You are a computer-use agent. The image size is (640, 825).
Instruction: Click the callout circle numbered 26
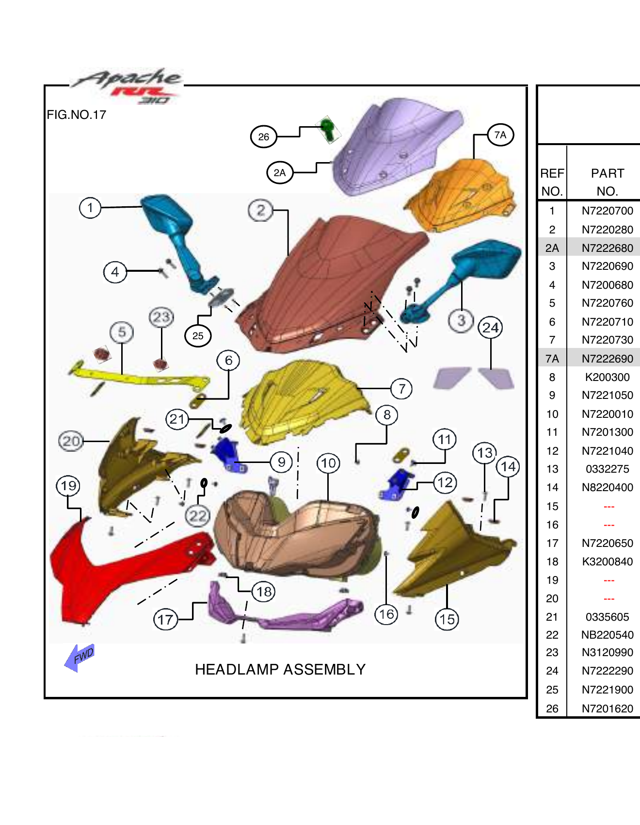point(263,137)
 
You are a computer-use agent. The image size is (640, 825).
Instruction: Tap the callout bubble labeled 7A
point(500,135)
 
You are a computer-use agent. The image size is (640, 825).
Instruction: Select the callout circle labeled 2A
point(280,173)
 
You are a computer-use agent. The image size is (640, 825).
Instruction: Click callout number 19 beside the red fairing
point(68,486)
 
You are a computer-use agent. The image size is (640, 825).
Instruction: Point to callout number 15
point(447,619)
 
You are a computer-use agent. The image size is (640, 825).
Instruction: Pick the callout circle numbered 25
point(198,336)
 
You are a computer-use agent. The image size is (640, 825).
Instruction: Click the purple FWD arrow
point(80,658)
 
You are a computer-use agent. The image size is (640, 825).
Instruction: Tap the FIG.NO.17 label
point(76,115)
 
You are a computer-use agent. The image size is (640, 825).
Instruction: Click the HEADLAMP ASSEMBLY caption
point(280,670)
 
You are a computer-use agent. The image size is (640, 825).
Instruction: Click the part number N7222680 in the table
point(607,248)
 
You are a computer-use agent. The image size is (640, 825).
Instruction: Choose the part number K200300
point(607,377)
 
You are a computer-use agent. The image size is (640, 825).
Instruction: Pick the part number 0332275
point(607,469)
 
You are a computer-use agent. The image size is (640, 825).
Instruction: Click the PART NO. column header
point(607,182)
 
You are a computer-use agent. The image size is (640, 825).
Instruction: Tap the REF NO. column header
point(552,182)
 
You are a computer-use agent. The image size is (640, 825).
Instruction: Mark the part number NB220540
point(607,635)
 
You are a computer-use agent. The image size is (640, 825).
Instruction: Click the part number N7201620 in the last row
point(607,709)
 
